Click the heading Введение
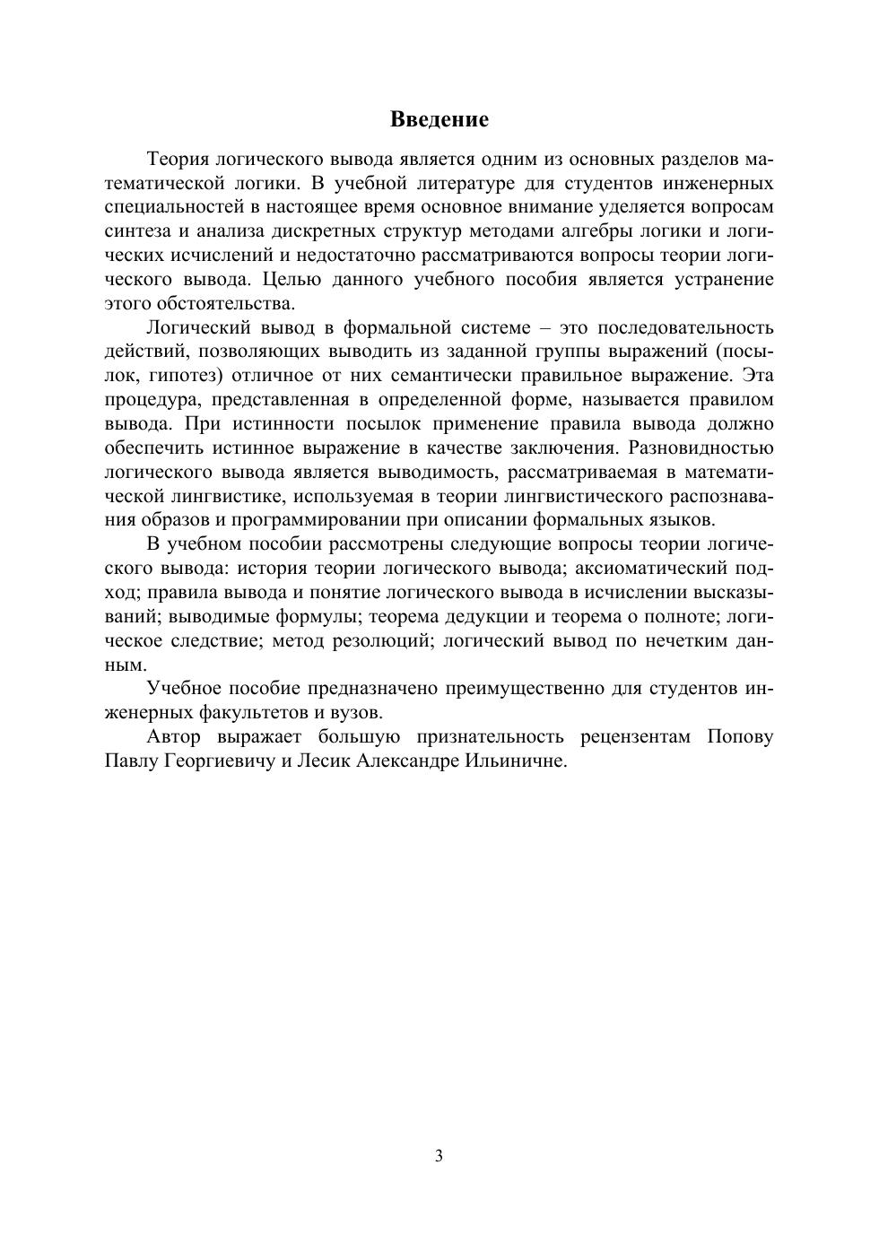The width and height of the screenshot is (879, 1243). [x=439, y=119]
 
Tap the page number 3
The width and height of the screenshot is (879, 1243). [x=439, y=1155]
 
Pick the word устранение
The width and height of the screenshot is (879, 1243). [x=716, y=279]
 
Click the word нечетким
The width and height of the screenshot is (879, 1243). [x=689, y=640]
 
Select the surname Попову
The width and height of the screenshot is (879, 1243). [x=740, y=737]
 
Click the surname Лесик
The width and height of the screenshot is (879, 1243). [x=326, y=761]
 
